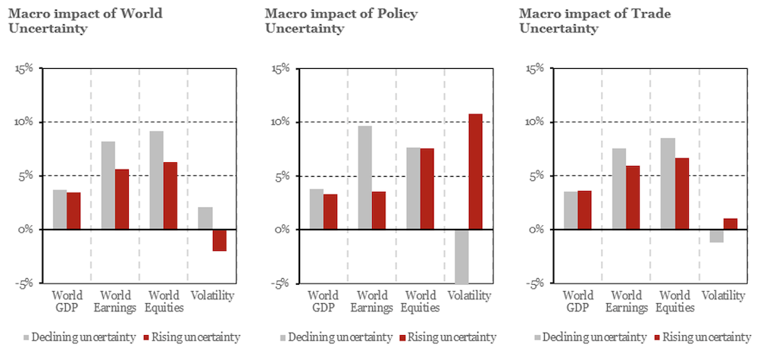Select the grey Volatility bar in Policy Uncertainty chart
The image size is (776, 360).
[461, 256]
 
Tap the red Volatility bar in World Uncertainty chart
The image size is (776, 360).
[219, 239]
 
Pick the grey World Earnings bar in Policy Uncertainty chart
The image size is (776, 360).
[365, 177]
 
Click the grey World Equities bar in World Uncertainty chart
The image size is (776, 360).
[155, 180]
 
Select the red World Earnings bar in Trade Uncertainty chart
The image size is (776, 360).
[633, 197]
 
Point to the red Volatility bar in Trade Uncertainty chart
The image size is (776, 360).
[730, 224]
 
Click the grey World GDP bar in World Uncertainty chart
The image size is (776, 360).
[59, 209]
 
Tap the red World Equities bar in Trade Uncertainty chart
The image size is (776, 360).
[681, 193]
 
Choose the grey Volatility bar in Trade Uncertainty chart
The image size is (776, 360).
[716, 236]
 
